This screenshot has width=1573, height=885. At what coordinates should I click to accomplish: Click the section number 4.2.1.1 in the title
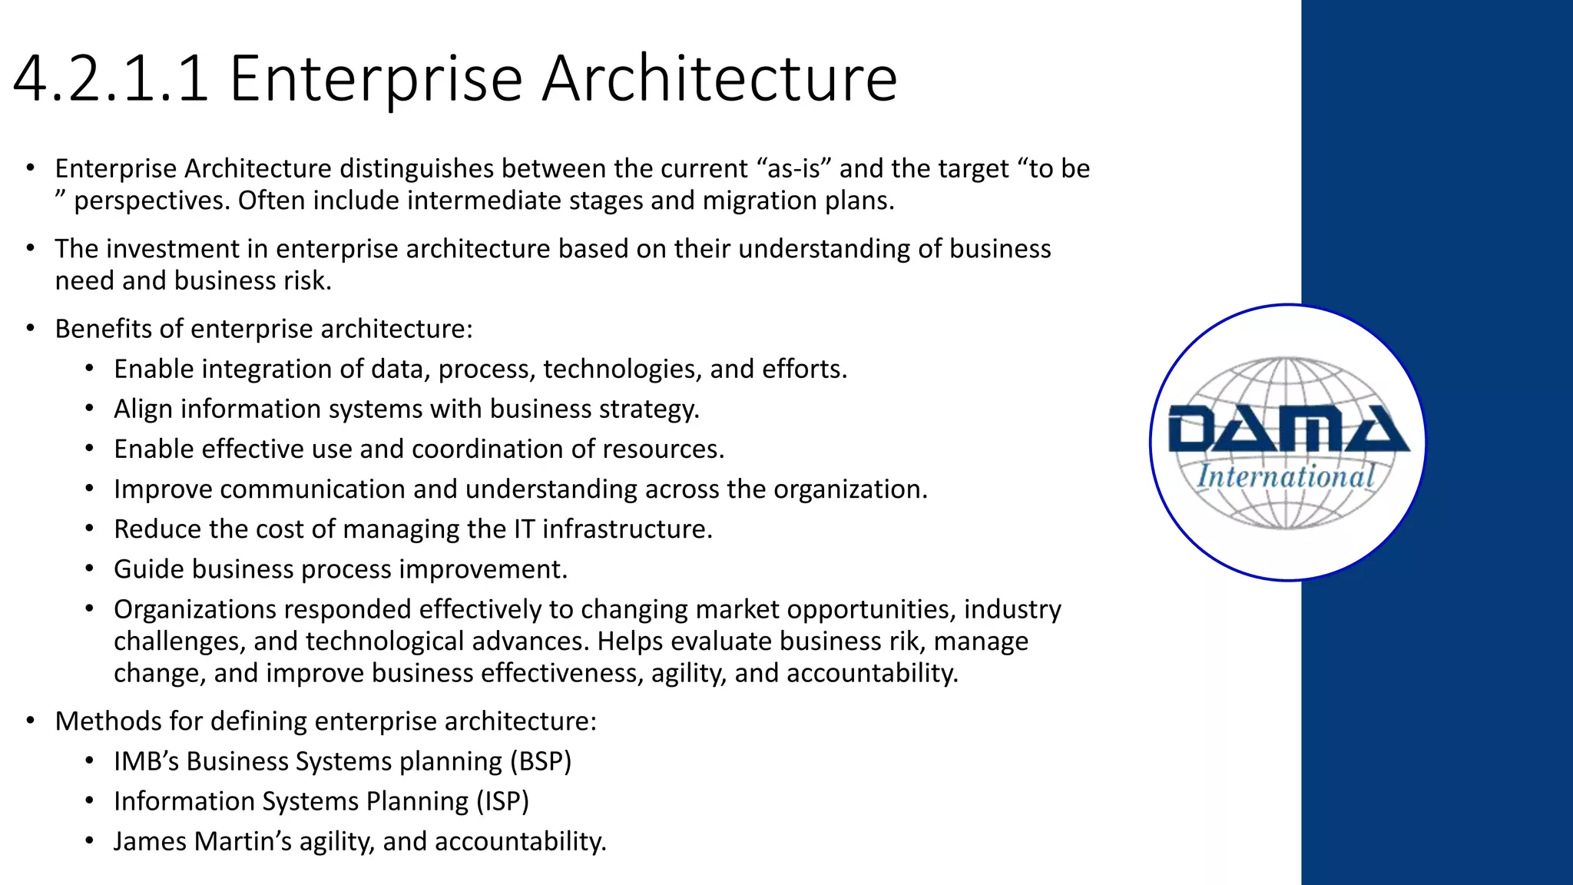tap(111, 78)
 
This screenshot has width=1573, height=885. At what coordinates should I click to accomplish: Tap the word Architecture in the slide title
tap(719, 78)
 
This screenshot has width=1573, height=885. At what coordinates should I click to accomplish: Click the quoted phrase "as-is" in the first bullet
tap(793, 169)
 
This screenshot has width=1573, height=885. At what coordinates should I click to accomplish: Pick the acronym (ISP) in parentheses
tap(502, 801)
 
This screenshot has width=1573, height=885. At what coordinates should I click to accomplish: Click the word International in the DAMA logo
tap(1286, 477)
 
